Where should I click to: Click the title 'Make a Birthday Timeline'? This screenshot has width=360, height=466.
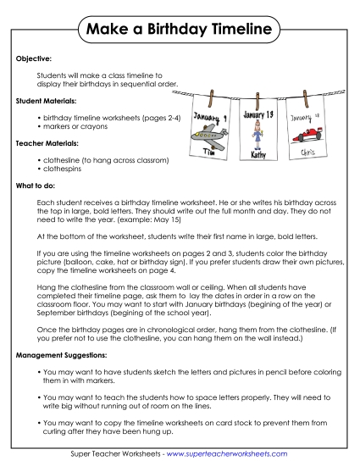[x=180, y=31]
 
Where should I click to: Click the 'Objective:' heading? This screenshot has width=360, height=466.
[x=35, y=61]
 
